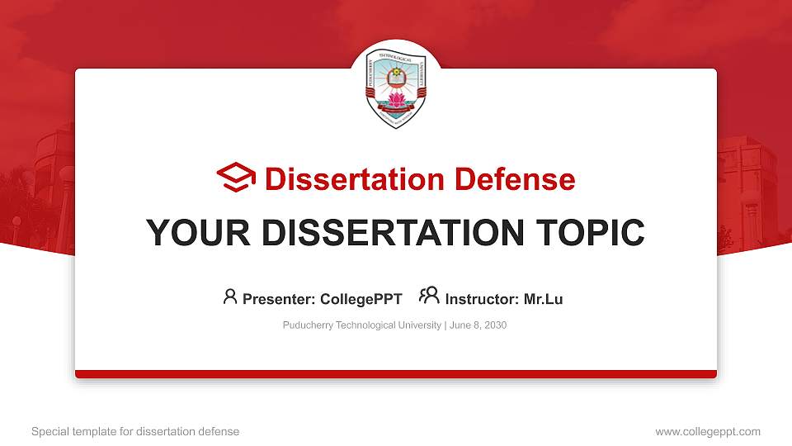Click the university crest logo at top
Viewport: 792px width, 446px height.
pyautogui.click(x=396, y=84)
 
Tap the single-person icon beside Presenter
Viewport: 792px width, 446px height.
pyautogui.click(x=230, y=297)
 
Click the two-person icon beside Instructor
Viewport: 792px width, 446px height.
pyautogui.click(x=429, y=297)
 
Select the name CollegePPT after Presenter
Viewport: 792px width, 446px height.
pyautogui.click(x=362, y=299)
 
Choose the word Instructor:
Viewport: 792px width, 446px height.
pyautogui.click(x=482, y=299)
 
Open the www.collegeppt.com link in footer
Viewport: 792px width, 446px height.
pyautogui.click(x=708, y=431)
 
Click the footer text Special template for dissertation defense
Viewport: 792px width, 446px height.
pyautogui.click(x=135, y=431)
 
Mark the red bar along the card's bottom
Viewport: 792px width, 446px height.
pyautogui.click(x=396, y=374)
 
